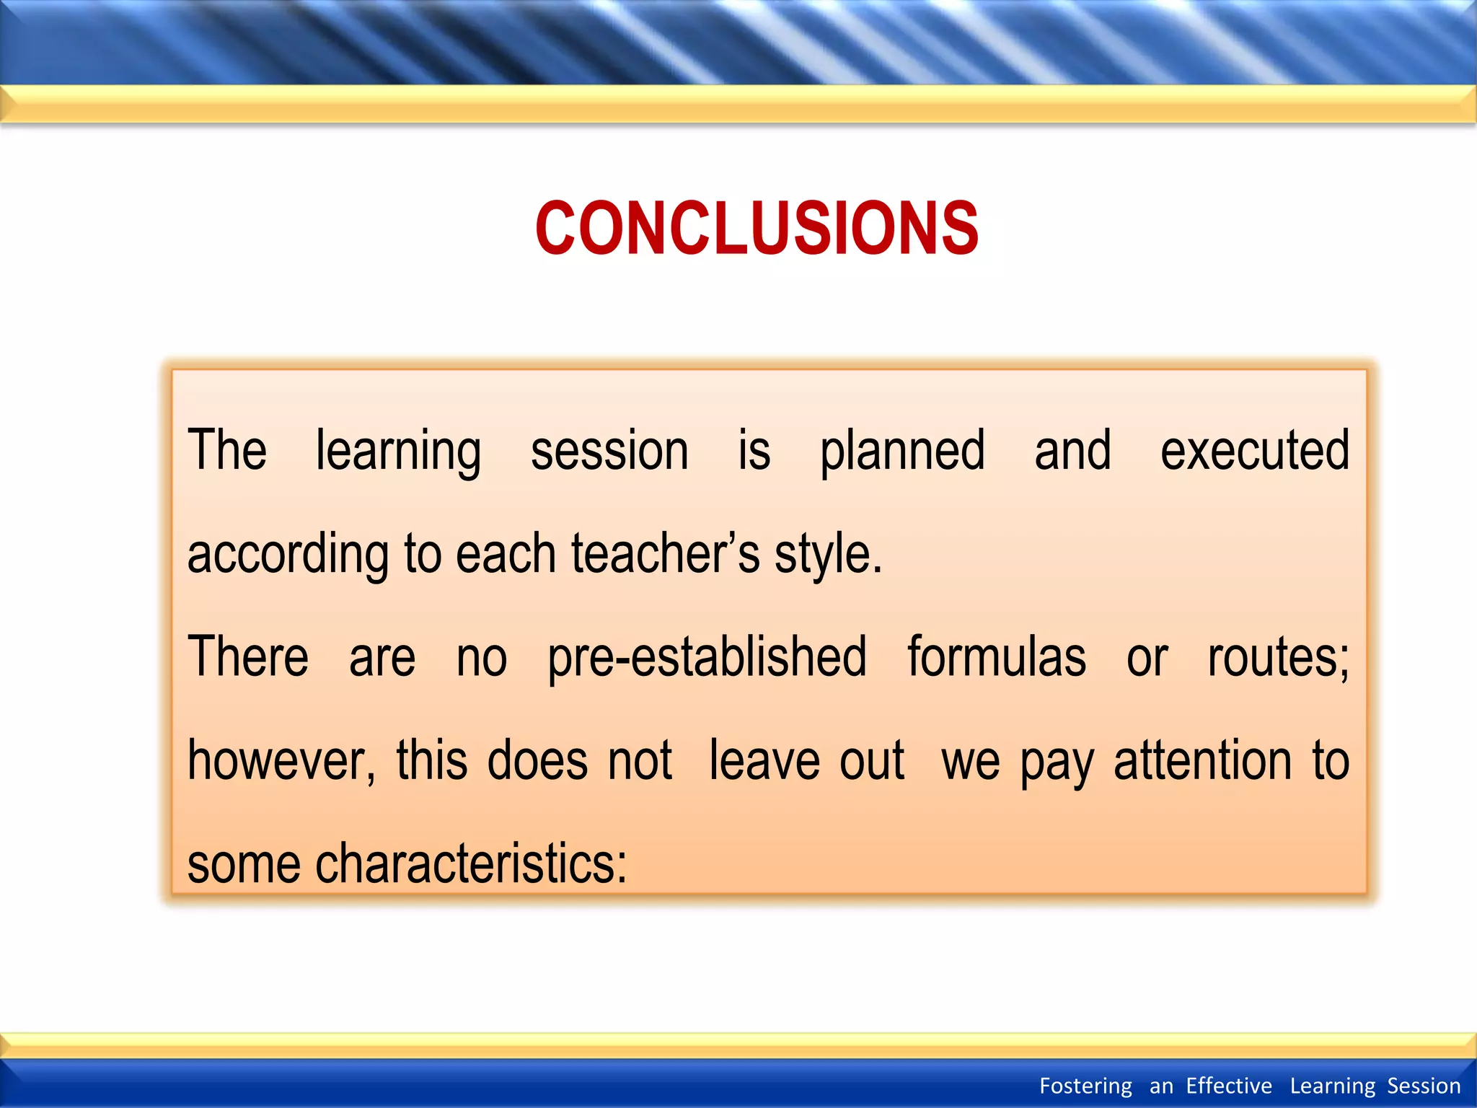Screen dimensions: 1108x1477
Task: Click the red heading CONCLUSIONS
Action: (x=757, y=229)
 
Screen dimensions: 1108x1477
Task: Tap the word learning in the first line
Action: (x=398, y=452)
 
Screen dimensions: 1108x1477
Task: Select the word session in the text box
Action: (x=609, y=450)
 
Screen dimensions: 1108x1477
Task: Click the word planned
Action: (x=902, y=452)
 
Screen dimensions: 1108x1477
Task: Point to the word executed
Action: (x=1254, y=450)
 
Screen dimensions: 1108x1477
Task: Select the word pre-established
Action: (x=707, y=658)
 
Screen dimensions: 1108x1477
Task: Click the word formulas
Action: (x=996, y=656)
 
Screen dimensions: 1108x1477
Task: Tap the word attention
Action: (x=1202, y=760)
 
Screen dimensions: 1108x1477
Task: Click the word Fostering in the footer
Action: (x=1085, y=1086)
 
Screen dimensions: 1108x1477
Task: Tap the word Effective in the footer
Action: (x=1229, y=1086)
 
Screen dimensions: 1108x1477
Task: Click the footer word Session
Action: (x=1424, y=1086)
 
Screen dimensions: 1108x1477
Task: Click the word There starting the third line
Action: (x=248, y=656)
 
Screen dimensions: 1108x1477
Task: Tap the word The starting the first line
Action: (x=227, y=450)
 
